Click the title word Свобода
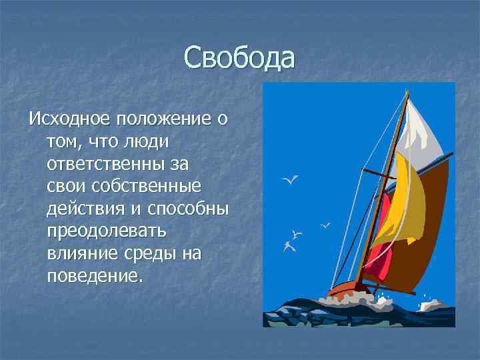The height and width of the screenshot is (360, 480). pyautogui.click(x=239, y=57)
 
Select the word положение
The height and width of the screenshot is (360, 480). pyautogui.click(x=164, y=120)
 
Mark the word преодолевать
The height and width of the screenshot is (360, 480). pyautogui.click(x=106, y=231)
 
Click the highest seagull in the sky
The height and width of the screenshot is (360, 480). pyautogui.click(x=291, y=179)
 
